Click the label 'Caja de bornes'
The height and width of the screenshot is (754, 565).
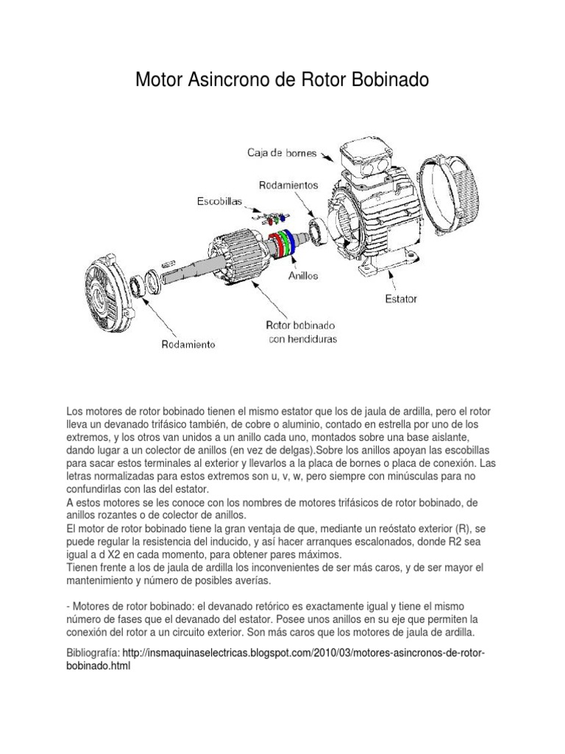click(x=281, y=153)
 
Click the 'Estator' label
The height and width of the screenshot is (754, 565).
click(x=401, y=299)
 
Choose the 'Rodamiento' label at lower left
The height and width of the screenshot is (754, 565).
click(x=188, y=344)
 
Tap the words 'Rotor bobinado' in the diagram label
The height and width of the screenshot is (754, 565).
click(x=301, y=325)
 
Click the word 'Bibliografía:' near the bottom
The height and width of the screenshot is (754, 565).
click(x=93, y=652)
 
